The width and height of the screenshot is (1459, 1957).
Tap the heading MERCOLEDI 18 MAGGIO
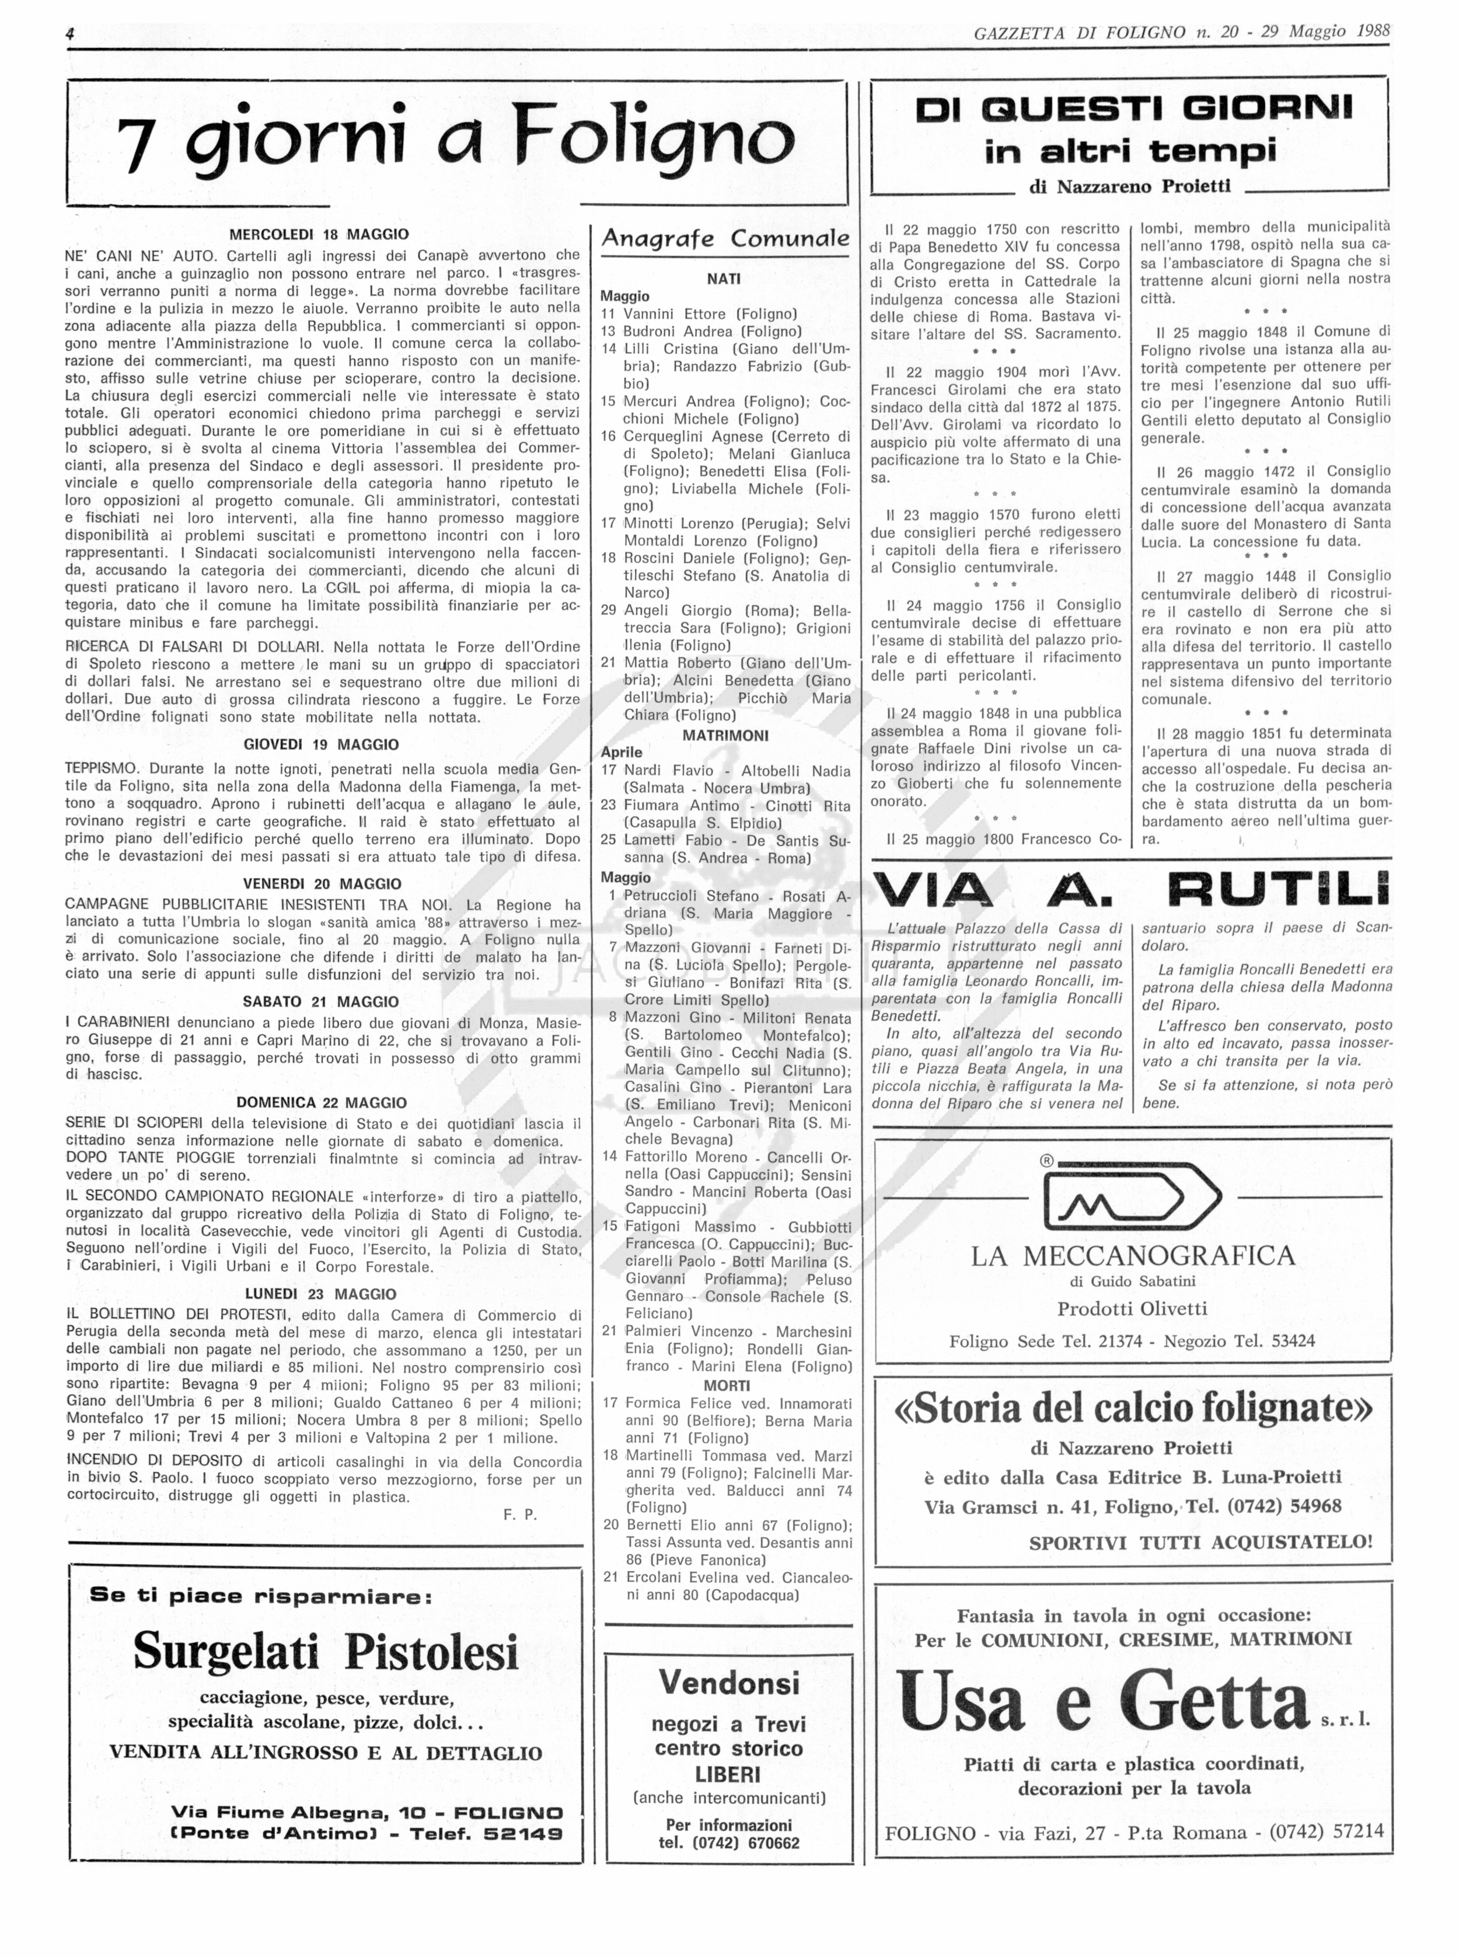point(319,235)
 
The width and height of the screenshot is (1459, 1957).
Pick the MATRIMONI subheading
point(725,735)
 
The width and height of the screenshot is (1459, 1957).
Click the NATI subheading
point(724,279)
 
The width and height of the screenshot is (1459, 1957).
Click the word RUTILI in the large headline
point(1278,890)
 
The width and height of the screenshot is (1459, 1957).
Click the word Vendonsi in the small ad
point(728,1682)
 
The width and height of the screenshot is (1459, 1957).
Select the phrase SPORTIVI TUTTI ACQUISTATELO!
point(1200,1542)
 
